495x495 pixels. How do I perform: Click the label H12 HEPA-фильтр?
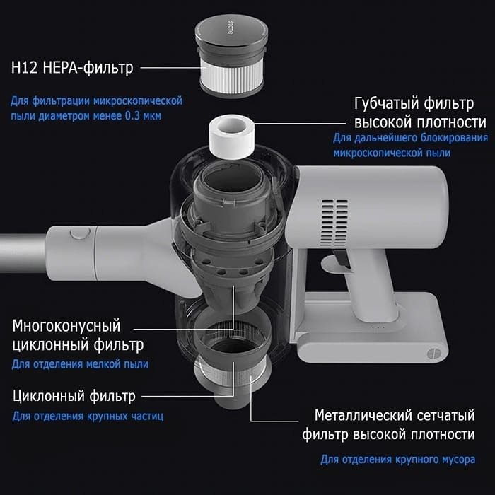[x=72, y=68]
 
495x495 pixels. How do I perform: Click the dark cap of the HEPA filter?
[x=232, y=32]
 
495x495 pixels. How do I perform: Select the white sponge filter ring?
[x=232, y=136]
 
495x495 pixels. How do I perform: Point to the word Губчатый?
[x=386, y=103]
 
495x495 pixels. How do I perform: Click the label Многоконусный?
[x=66, y=326]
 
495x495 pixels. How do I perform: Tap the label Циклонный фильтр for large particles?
[x=74, y=396]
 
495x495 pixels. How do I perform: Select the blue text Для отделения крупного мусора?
[x=397, y=460]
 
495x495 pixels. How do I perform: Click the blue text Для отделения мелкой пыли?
[x=80, y=364]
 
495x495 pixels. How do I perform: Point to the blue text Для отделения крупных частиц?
[x=88, y=417]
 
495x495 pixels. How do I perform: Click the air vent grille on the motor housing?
[x=334, y=223]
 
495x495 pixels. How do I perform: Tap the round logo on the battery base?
[x=433, y=354]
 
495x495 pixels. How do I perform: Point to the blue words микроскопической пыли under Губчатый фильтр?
[x=392, y=153]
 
